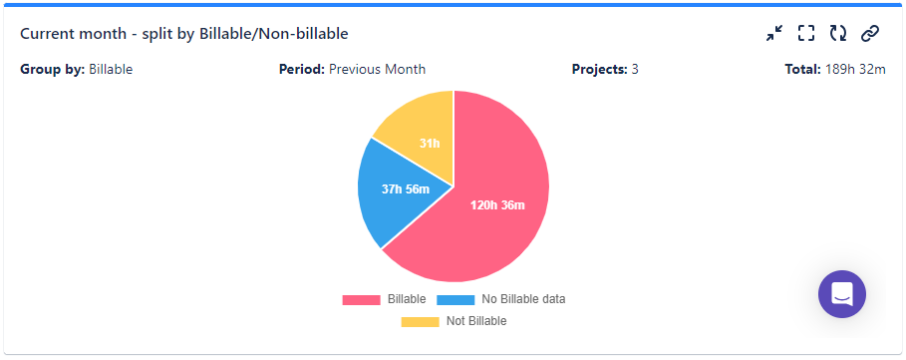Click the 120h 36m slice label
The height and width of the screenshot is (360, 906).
tap(497, 205)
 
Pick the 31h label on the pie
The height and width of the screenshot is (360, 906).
tap(430, 144)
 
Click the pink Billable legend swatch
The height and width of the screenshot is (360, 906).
tap(361, 299)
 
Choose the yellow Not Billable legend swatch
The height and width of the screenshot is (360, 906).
tap(420, 321)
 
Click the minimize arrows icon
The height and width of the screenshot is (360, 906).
tap(774, 34)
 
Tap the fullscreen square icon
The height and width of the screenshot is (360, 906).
tap(806, 34)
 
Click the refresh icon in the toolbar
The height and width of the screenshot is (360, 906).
tap(838, 34)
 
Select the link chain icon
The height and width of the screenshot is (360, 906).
tap(870, 34)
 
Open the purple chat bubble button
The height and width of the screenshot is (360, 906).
tap(842, 294)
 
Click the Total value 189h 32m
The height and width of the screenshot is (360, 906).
tap(855, 70)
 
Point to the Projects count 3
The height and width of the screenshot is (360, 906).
tap(635, 70)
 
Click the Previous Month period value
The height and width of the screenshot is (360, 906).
tap(377, 70)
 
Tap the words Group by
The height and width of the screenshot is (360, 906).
tap(52, 70)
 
